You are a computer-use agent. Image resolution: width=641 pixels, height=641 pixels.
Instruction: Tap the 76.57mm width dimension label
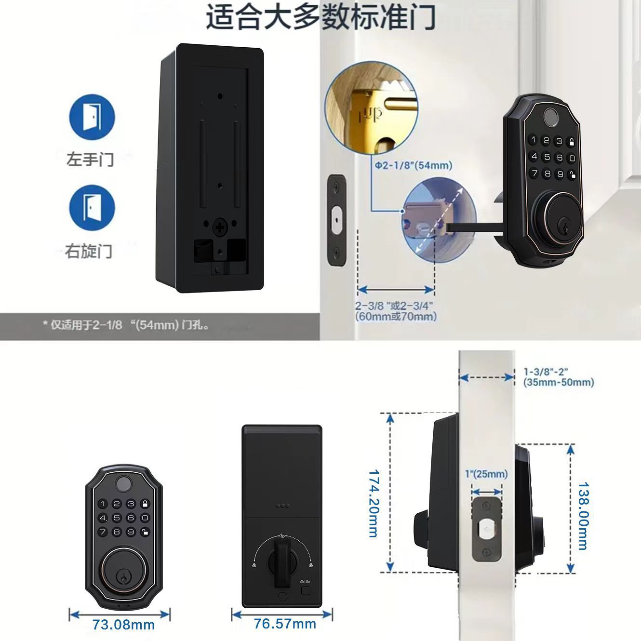pos(285,624)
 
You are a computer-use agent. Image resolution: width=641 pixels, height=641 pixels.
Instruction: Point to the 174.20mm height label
pos(374,503)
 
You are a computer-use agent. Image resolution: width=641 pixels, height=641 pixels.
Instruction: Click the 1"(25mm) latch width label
pos(486,474)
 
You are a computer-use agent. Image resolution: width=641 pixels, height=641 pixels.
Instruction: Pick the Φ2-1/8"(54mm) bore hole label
pos(414,166)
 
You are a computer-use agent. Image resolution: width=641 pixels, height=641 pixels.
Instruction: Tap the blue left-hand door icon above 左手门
pos(92,117)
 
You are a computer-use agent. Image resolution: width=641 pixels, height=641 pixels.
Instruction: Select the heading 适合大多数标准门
pos(320,17)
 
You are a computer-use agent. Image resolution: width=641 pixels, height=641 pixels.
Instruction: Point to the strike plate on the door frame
pos(336,220)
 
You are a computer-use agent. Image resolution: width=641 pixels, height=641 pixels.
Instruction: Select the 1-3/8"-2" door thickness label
pos(558,377)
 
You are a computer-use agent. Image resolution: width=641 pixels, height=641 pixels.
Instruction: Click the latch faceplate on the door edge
pos(486,530)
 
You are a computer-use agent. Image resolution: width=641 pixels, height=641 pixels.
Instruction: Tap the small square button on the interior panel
pos(305,591)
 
